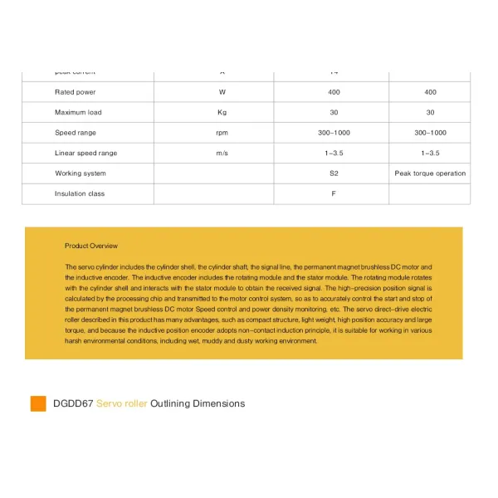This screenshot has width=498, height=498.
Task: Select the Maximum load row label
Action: [78, 112]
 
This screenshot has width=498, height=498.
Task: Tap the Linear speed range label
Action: [86, 153]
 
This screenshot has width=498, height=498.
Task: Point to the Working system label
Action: [81, 173]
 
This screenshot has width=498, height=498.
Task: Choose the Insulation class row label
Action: [80, 193]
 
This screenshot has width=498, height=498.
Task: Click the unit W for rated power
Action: [222, 92]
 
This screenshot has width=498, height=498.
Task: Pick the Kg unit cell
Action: [222, 112]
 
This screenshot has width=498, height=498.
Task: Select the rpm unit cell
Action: [222, 133]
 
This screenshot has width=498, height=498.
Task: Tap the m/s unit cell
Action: [222, 153]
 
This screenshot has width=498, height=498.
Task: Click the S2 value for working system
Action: [334, 173]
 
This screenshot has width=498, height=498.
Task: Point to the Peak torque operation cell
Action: [430, 173]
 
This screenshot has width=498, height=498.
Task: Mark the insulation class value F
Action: [334, 193]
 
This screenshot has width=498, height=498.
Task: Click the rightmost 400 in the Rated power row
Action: [430, 92]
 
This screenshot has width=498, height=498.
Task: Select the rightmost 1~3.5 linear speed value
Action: [430, 153]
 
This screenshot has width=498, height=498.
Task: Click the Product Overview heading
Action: [91, 246]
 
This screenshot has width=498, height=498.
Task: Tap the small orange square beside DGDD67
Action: [38, 404]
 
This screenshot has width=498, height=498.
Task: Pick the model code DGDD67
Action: [72, 404]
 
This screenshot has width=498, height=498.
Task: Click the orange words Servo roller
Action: [121, 404]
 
